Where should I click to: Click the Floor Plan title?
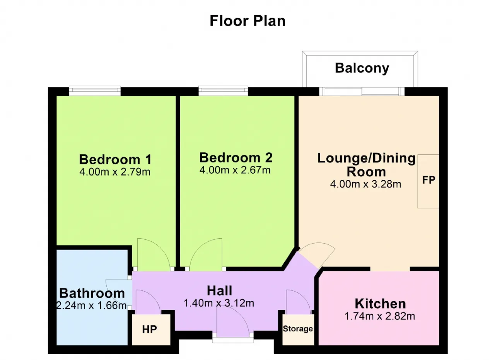pos(247,21)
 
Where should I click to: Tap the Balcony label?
pos(362,68)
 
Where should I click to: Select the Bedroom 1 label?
pos(115,159)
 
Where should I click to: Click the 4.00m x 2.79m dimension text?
pos(115,172)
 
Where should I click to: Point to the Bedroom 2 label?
pos(236,157)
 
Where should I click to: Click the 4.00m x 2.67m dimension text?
pos(235,170)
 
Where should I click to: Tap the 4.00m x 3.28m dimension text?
pos(365,184)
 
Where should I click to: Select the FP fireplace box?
pos(428,181)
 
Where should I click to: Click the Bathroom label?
pos(92,293)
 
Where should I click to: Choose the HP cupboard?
pos(151,329)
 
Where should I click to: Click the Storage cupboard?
pos(298,329)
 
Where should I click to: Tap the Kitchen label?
pos(380,304)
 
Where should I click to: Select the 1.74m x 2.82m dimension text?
pos(380,316)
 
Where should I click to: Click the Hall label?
pos(219,291)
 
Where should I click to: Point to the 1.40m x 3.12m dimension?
pos(219,303)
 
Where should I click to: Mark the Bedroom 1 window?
pos(95,91)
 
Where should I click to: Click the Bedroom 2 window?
pos(223,91)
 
